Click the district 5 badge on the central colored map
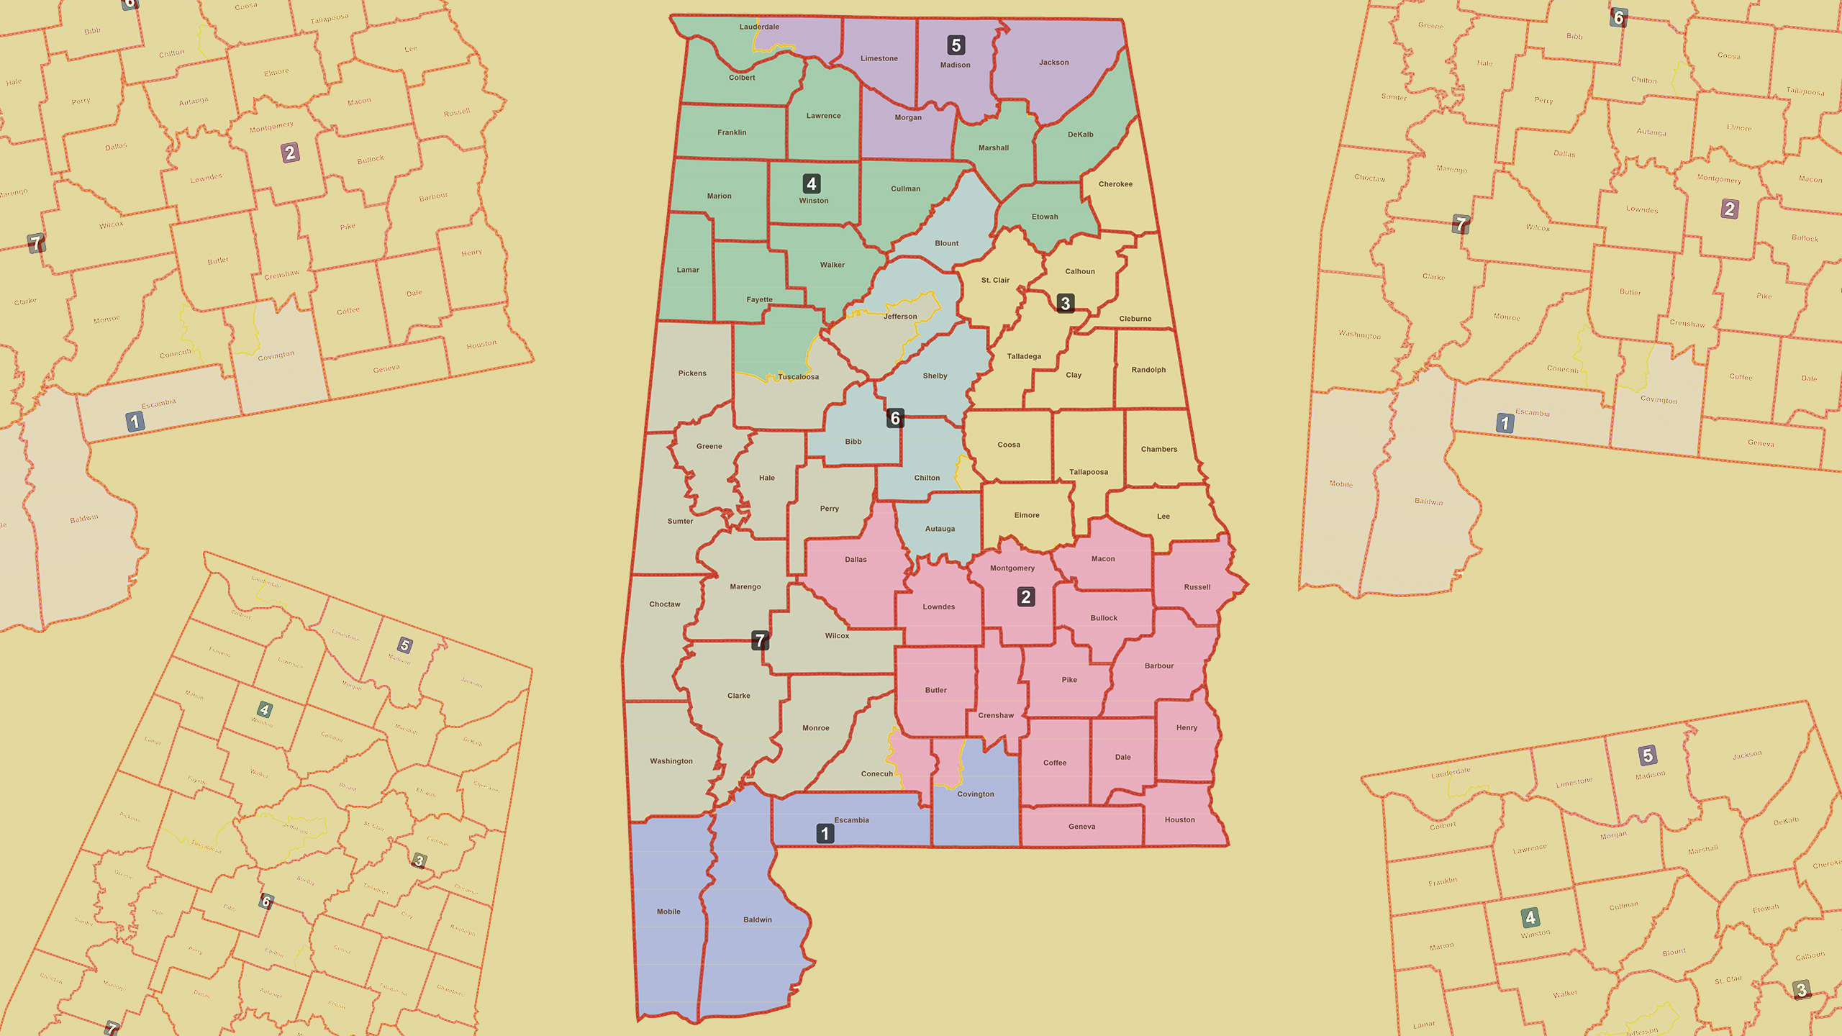(956, 45)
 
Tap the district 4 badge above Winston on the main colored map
(812, 183)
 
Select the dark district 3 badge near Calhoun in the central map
(1066, 303)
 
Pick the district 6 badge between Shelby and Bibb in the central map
(895, 418)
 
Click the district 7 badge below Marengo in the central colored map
(760, 640)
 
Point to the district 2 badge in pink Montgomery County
(1026, 596)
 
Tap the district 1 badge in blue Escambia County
(825, 834)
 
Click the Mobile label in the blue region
(668, 912)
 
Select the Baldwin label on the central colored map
(758, 919)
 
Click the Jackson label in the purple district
(1054, 63)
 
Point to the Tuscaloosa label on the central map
(798, 377)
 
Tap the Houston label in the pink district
(1179, 819)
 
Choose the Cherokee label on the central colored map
(1115, 184)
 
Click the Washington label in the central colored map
(671, 761)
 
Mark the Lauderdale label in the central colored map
(759, 27)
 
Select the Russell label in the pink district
(1197, 587)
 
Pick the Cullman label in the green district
(905, 188)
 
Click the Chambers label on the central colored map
(1159, 449)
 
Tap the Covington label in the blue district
(976, 794)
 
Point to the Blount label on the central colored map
(947, 243)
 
